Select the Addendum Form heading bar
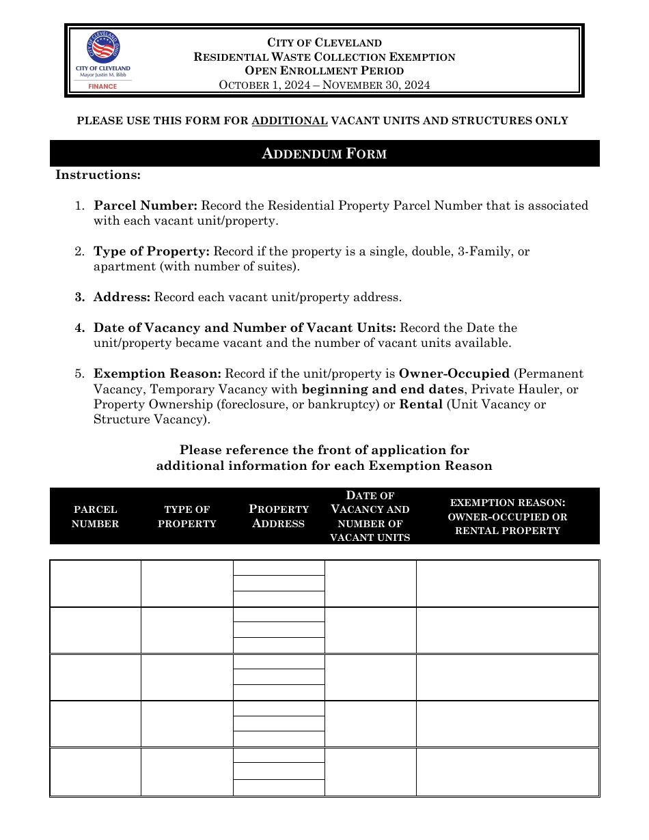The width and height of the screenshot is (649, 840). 324,154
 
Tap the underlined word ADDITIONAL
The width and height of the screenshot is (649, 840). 290,121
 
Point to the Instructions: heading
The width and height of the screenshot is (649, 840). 98,175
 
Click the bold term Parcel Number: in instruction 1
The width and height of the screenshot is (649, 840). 146,206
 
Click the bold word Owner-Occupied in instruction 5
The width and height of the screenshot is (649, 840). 454,374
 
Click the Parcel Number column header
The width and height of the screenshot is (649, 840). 95,516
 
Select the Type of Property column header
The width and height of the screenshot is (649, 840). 187,516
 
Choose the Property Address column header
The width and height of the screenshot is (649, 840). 279,516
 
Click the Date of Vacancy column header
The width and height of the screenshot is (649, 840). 370,516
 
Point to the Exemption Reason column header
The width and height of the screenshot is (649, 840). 508,516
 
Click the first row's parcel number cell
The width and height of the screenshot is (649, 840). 96,583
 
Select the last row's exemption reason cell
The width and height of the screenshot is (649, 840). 508,772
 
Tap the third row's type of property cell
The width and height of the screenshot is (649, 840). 187,677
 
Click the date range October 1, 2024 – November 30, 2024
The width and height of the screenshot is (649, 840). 324,85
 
